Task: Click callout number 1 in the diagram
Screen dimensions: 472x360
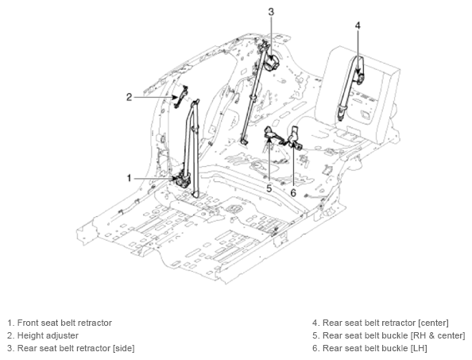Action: [130, 178]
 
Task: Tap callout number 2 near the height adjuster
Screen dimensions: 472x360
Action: [130, 97]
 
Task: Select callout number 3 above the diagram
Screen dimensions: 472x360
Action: [271, 12]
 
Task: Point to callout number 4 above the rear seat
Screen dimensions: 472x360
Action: [358, 25]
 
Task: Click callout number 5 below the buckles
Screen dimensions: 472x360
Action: [269, 188]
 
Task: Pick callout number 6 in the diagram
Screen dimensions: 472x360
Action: [293, 192]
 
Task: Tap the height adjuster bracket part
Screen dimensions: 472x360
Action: [180, 96]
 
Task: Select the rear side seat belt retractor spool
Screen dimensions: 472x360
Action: [272, 63]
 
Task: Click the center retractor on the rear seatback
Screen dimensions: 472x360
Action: [360, 78]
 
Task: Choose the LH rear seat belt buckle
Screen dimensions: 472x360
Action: [295, 139]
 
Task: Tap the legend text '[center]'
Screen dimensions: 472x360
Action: [433, 323]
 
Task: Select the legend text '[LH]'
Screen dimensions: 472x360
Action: [419, 348]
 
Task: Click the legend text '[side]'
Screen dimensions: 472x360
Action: [123, 348]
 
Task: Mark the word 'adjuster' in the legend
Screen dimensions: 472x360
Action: [64, 335]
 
